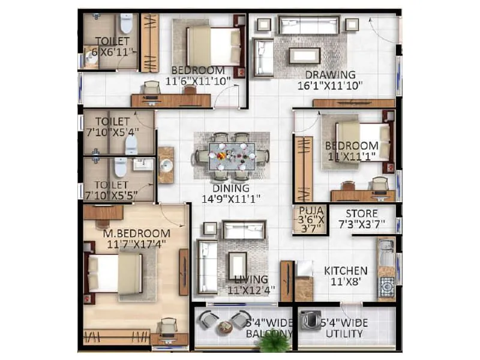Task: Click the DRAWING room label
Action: point(330,75)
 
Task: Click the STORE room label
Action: point(361,214)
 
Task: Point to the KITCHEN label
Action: point(346,271)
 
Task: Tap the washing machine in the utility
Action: point(311,320)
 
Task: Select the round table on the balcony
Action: point(225,328)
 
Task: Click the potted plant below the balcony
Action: point(274,342)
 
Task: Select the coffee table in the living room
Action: point(237,265)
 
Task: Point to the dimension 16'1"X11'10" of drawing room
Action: point(330,85)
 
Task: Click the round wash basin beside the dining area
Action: point(166,165)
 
